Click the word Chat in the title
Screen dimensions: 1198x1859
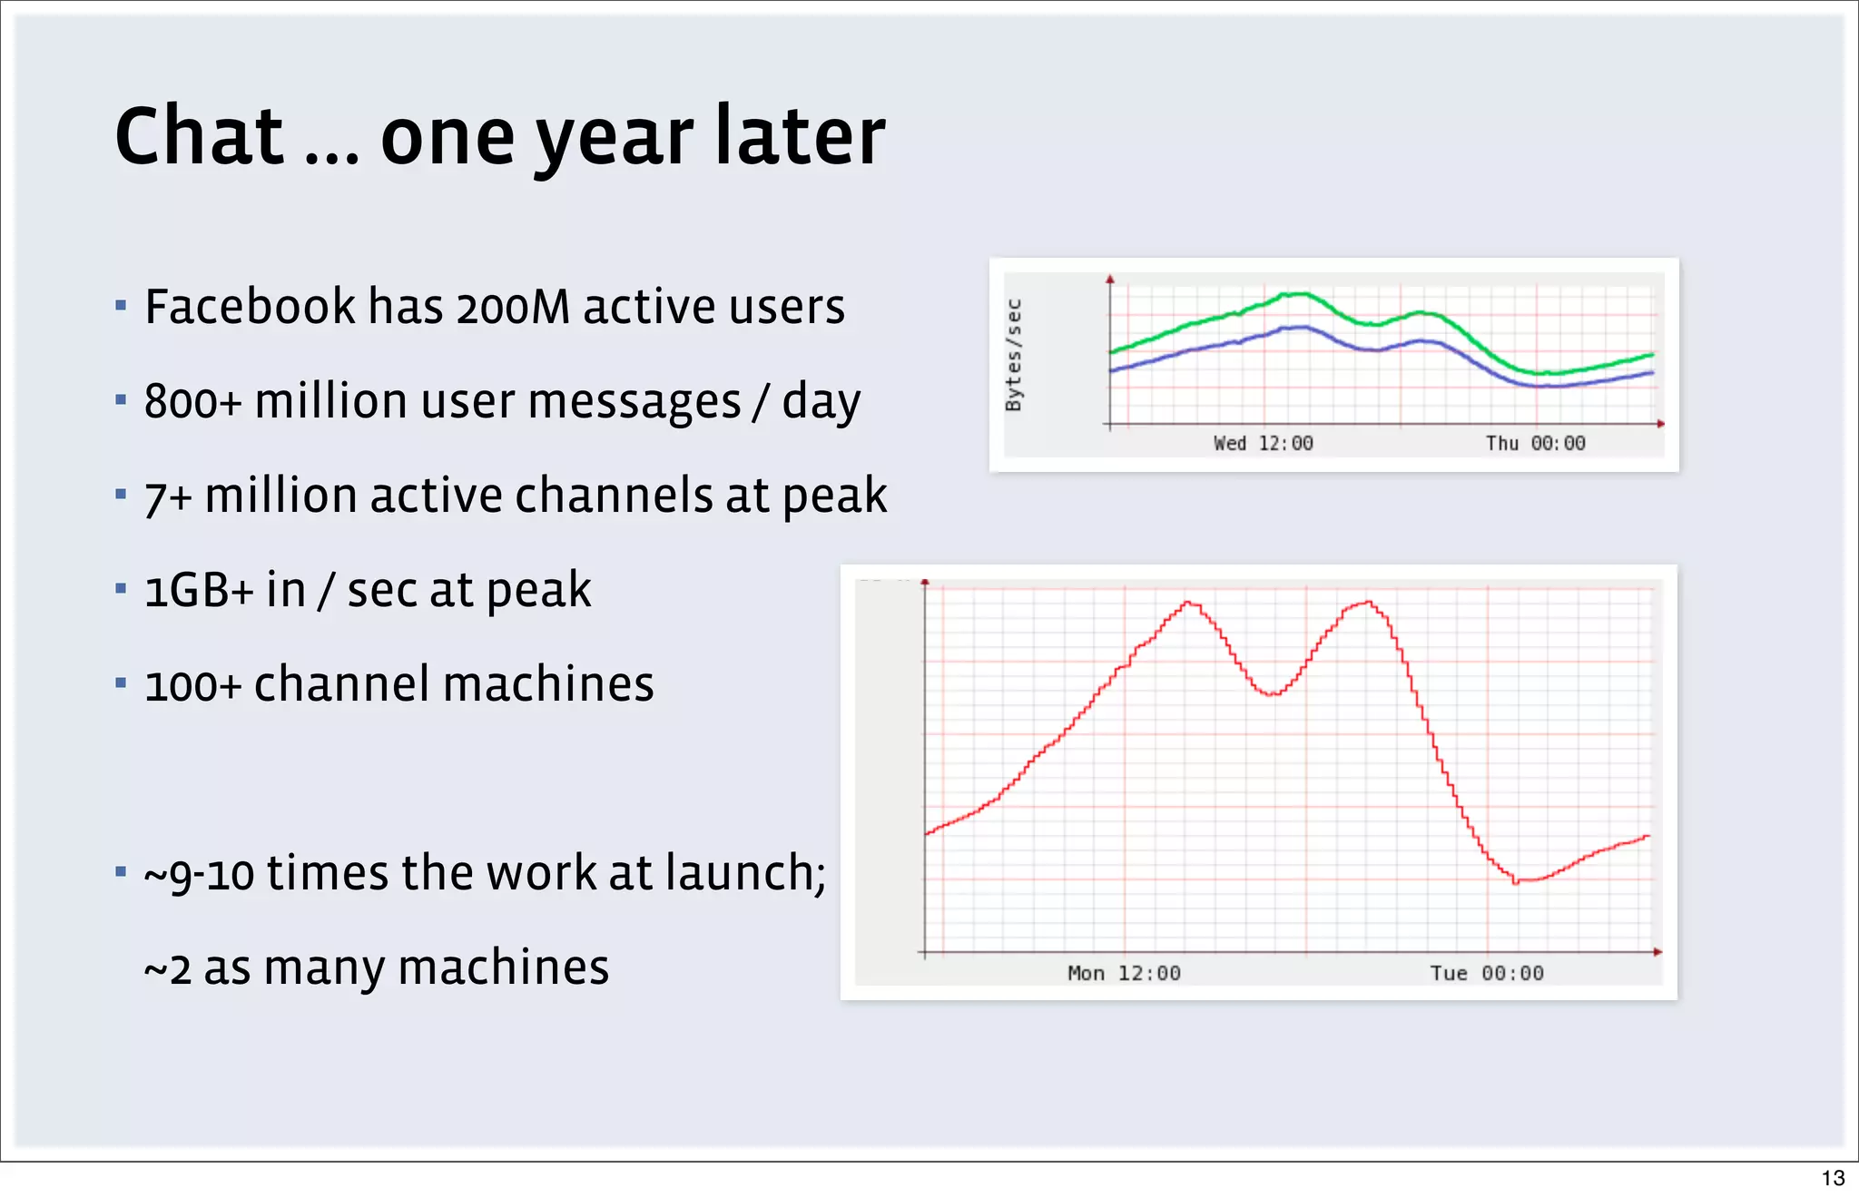pyautogui.click(x=200, y=136)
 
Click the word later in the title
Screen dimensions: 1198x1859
pyautogui.click(x=799, y=136)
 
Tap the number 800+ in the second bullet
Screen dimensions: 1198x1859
pyautogui.click(x=192, y=401)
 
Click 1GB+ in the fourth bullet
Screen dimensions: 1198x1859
pyautogui.click(x=198, y=590)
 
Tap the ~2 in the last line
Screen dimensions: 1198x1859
pyautogui.click(x=167, y=967)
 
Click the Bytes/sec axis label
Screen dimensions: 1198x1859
pyautogui.click(x=1014, y=355)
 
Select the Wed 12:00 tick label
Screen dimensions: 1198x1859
pyautogui.click(x=1263, y=443)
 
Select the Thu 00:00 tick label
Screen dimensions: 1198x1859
pyautogui.click(x=1535, y=443)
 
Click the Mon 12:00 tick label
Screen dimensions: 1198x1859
pyautogui.click(x=1124, y=973)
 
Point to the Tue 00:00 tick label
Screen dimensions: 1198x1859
pyautogui.click(x=1487, y=973)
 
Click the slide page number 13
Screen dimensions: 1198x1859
pyautogui.click(x=1833, y=1178)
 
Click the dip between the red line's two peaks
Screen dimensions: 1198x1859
pyautogui.click(x=1273, y=694)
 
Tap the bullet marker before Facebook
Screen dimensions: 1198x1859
pyautogui.click(x=121, y=306)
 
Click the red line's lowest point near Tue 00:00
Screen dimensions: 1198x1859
pyautogui.click(x=1516, y=881)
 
